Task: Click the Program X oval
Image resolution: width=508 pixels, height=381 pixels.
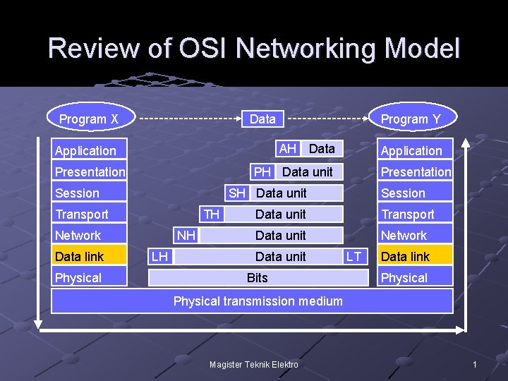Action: (x=89, y=119)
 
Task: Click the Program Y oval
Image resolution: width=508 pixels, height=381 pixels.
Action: (x=411, y=119)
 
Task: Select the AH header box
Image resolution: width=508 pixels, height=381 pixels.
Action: (x=287, y=148)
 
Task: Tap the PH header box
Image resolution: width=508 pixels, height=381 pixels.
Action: (x=262, y=171)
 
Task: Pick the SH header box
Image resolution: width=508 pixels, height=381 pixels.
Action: (x=238, y=193)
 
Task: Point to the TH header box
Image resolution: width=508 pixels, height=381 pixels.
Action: (x=212, y=214)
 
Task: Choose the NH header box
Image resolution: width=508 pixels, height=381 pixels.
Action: (x=186, y=235)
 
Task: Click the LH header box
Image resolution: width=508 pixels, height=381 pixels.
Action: (x=160, y=256)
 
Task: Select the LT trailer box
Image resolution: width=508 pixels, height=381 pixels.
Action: (x=354, y=256)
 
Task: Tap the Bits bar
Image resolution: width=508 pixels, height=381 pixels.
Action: (x=258, y=277)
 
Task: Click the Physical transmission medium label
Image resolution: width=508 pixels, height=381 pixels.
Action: (x=258, y=301)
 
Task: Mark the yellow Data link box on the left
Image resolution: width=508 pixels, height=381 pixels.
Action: (x=89, y=256)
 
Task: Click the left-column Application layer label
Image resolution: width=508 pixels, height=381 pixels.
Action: (x=85, y=150)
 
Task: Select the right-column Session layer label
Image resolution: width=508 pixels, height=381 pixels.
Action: (x=404, y=193)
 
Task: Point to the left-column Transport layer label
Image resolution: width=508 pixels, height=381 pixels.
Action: (x=82, y=214)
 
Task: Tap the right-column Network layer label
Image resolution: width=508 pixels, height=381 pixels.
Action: (x=404, y=235)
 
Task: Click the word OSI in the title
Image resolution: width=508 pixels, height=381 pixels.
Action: (x=205, y=49)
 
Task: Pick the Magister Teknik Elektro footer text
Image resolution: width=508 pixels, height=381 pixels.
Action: (x=254, y=364)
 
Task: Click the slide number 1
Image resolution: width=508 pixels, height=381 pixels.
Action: (x=475, y=364)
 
